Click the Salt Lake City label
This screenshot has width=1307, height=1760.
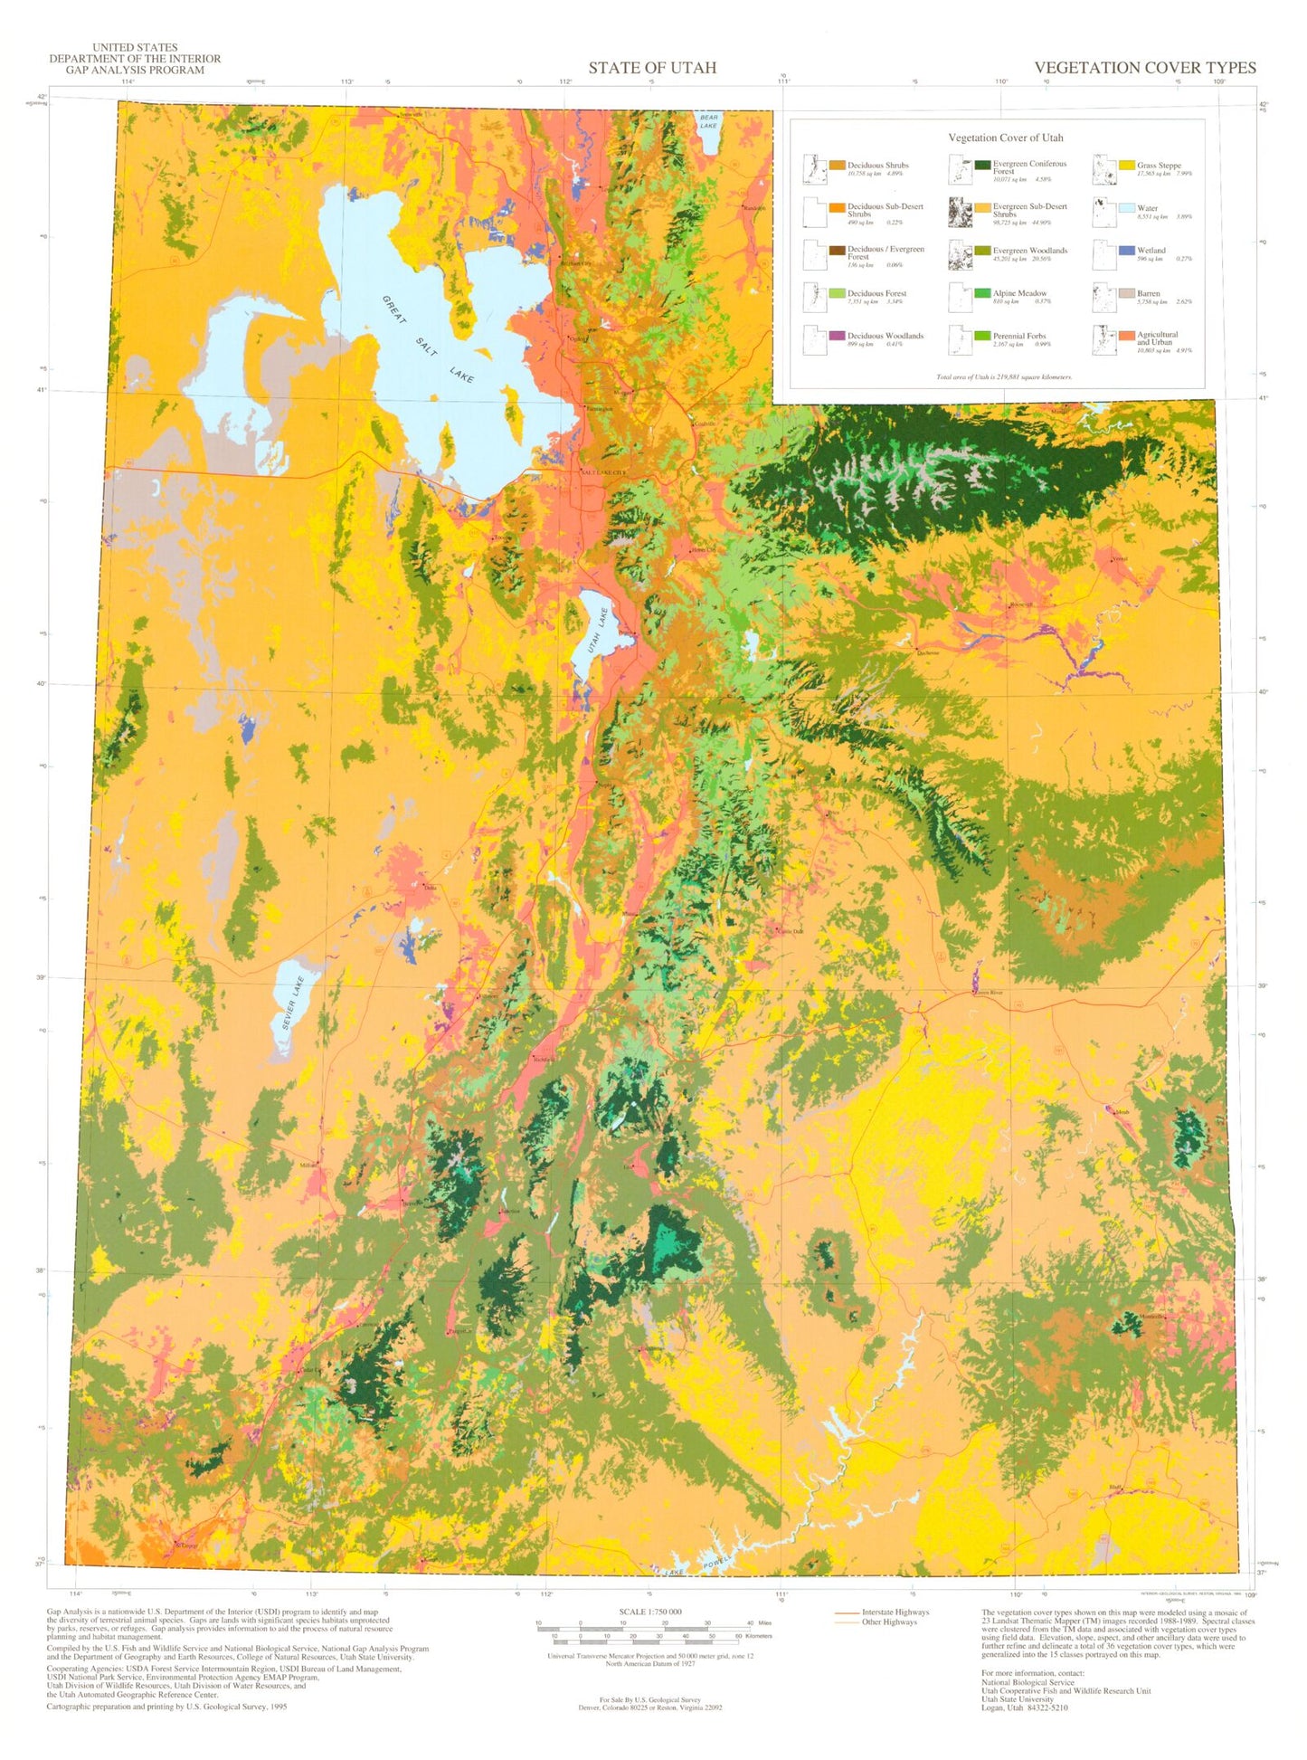click(x=603, y=472)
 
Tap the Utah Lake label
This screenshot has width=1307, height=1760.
click(x=596, y=630)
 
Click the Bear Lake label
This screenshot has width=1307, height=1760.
click(x=708, y=121)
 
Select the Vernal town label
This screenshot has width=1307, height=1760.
click(x=1120, y=558)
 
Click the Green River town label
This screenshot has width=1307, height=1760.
click(x=988, y=993)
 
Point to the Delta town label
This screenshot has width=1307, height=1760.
click(x=430, y=888)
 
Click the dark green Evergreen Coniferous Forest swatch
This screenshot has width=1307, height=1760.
click(x=982, y=165)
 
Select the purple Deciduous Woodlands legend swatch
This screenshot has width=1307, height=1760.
click(x=838, y=336)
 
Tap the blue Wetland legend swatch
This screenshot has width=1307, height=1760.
click(x=1126, y=251)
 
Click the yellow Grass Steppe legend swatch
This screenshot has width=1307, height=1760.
click(x=1126, y=166)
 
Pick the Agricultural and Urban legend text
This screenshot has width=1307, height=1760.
click(x=1157, y=338)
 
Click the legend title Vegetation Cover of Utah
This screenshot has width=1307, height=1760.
click(x=1005, y=138)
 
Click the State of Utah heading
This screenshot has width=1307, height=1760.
click(x=652, y=68)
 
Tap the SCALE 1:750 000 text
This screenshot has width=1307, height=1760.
click(x=650, y=1612)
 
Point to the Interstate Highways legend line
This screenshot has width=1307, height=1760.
click(x=848, y=1613)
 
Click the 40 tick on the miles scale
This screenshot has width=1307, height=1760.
click(x=747, y=1623)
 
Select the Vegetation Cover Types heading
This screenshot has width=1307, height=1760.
click(x=1144, y=68)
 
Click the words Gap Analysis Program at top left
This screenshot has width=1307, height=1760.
click(x=135, y=70)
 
